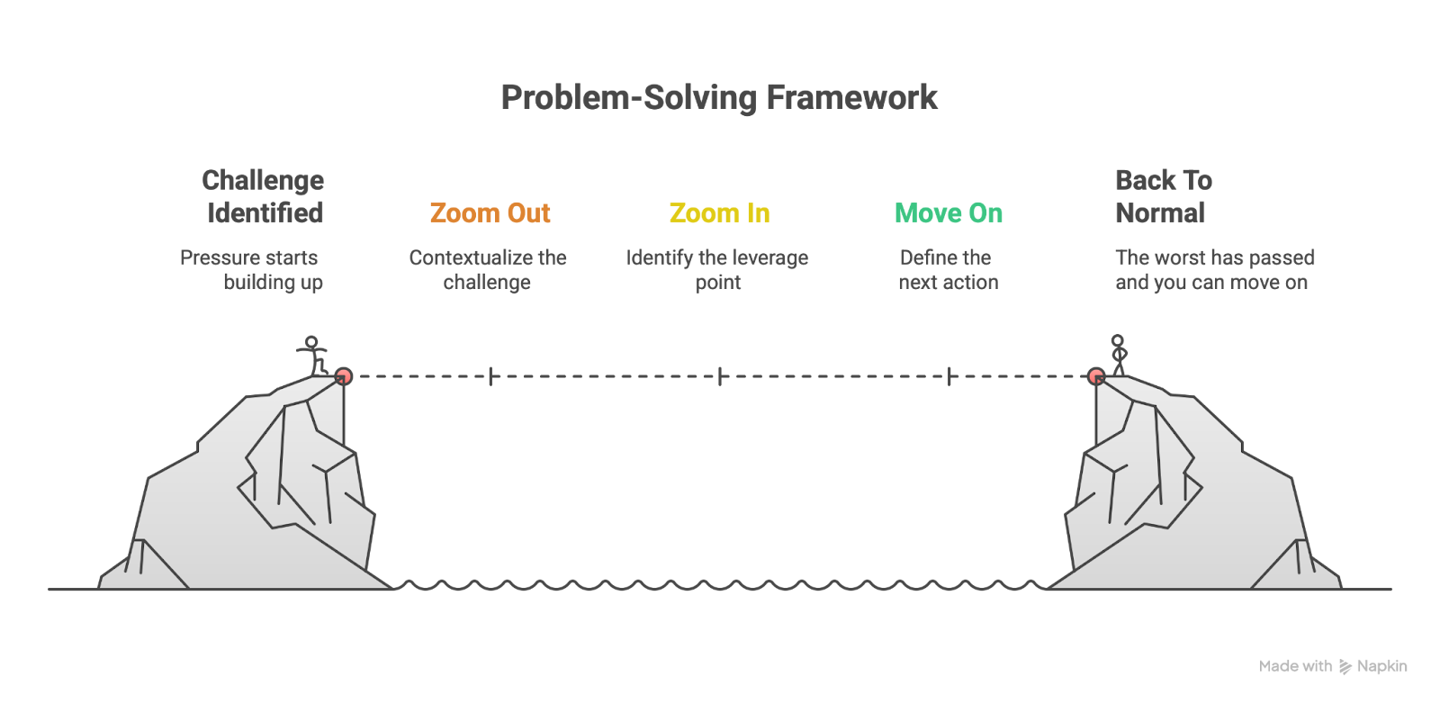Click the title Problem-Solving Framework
pyautogui.click(x=719, y=97)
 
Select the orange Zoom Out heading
pyautogui.click(x=490, y=213)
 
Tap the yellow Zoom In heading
pyautogui.click(x=719, y=213)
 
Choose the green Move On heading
pyautogui.click(x=949, y=213)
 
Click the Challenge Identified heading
pyautogui.click(x=264, y=196)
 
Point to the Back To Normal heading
pyautogui.click(x=1163, y=196)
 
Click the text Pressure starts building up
pyautogui.click(x=251, y=270)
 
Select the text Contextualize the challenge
pyautogui.click(x=488, y=270)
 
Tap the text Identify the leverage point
pyautogui.click(x=717, y=270)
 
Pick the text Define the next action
pyautogui.click(x=948, y=270)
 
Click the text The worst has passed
pyautogui.click(x=1215, y=258)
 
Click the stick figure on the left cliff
pyautogui.click(x=312, y=356)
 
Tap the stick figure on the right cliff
pyautogui.click(x=1118, y=355)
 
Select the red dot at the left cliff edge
pyautogui.click(x=343, y=376)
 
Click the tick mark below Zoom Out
pyautogui.click(x=490, y=376)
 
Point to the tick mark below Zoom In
pyautogui.click(x=720, y=376)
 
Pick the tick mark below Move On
pyautogui.click(x=949, y=376)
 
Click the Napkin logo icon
pyautogui.click(x=1345, y=666)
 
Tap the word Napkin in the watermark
pyautogui.click(x=1381, y=666)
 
